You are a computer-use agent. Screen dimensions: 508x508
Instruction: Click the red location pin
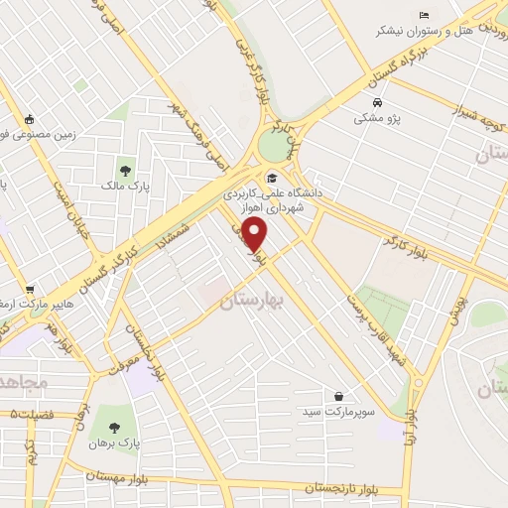click(256, 234)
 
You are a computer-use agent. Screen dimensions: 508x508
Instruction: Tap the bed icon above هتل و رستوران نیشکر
click(425, 15)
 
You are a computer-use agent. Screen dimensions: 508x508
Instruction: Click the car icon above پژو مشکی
click(377, 102)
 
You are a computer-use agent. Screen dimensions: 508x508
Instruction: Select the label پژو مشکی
click(377, 118)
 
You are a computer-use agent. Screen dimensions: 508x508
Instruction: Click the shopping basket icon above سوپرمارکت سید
click(338, 395)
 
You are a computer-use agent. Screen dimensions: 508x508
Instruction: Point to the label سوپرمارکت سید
click(340, 411)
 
